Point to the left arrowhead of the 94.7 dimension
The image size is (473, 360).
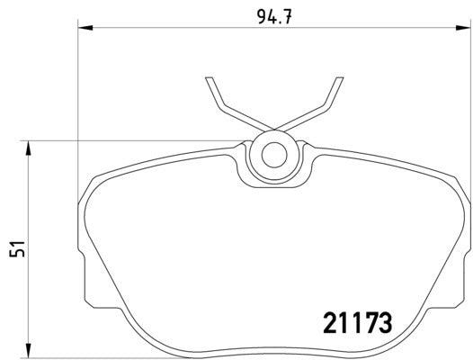point(84,29)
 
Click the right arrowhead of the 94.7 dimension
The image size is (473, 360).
point(464,29)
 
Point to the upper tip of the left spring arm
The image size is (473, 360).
point(209,79)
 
